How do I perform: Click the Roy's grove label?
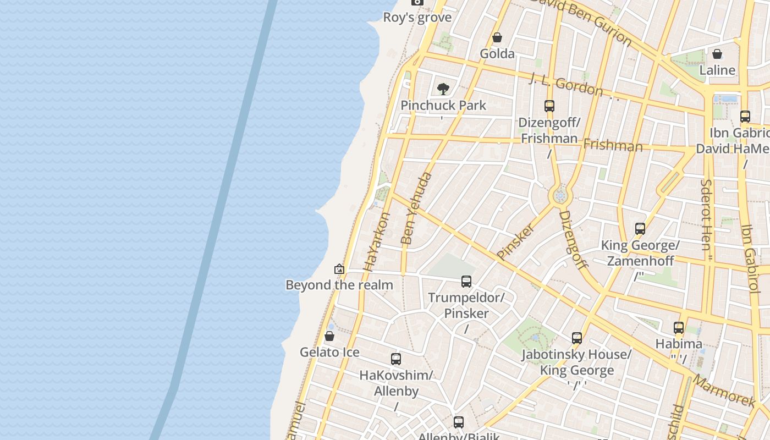coord(417,17)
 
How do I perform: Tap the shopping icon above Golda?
coord(497,37)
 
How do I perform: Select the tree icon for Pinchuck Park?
coord(443,89)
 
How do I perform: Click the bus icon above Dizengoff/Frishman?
coord(549,106)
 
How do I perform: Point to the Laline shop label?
coord(717,70)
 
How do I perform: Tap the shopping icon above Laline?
coord(717,54)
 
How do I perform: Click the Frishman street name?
coord(613,146)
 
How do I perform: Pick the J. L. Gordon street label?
coord(566,85)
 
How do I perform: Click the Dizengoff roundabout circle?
coord(560,195)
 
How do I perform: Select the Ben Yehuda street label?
coord(416,208)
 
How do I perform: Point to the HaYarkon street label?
coord(377,242)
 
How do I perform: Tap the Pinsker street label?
coord(515,241)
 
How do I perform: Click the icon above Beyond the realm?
coord(339,269)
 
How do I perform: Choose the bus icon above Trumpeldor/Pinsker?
coord(466,282)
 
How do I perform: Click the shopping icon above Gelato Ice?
coord(329,336)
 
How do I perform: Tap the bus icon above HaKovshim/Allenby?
coord(396,359)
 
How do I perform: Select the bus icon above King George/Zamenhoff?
coord(640,229)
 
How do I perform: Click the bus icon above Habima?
coord(679,328)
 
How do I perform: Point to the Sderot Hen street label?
coord(707,215)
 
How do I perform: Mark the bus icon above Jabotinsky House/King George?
coord(576,338)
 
